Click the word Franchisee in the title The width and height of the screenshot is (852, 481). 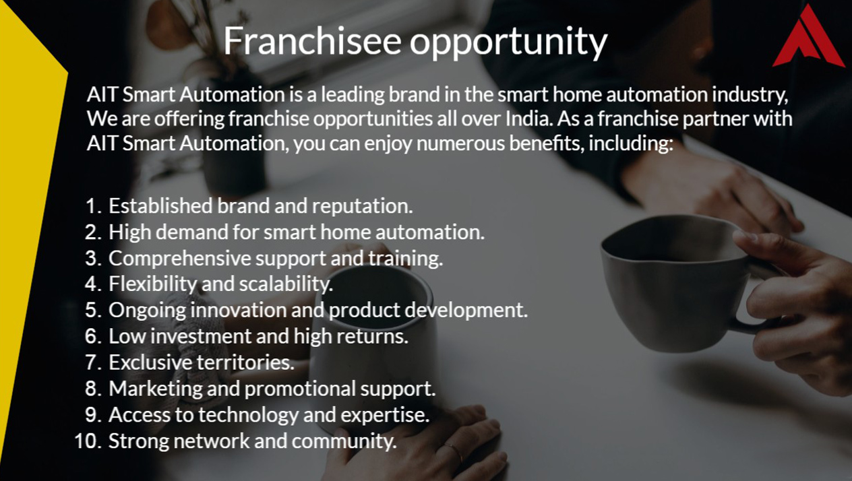(312, 40)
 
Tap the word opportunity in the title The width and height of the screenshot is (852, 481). (508, 42)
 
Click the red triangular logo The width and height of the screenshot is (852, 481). (809, 36)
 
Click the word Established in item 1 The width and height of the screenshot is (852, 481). (160, 205)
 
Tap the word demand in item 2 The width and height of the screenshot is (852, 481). (191, 232)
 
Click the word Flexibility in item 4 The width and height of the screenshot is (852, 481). (152, 284)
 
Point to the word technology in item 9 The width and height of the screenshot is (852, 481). (248, 415)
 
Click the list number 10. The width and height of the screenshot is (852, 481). (88, 441)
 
